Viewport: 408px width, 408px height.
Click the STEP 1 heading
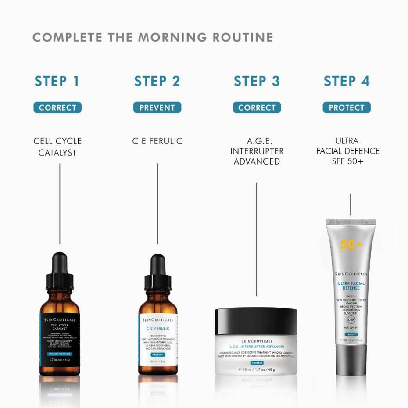point(57,82)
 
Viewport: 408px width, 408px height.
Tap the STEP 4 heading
point(347,82)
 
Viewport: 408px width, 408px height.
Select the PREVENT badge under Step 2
point(157,107)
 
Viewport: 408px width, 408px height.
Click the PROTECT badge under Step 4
point(347,107)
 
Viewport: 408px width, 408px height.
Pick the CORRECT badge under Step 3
point(257,107)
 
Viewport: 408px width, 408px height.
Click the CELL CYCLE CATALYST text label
point(57,147)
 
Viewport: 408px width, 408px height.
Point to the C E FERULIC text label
point(157,141)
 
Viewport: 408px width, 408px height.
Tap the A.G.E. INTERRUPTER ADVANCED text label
point(257,151)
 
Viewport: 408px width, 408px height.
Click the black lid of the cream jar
point(256,321)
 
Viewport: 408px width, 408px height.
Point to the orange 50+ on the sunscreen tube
point(351,245)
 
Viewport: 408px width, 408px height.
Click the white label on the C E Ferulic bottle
point(158,340)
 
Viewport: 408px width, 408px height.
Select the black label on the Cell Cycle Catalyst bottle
point(60,338)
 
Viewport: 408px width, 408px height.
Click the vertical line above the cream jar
point(257,239)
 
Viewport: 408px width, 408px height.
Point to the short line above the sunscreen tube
point(350,204)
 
